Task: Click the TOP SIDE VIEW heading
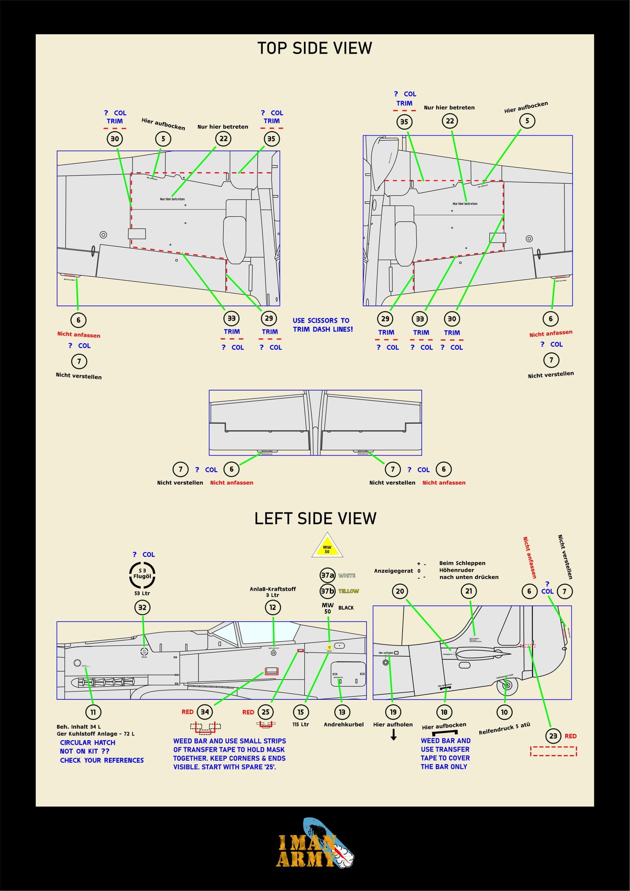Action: [315, 48]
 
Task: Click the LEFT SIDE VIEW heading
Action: [315, 518]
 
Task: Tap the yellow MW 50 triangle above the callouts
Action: [327, 547]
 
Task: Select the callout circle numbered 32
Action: [142, 607]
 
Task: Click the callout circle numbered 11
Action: [93, 712]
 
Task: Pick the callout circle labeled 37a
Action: [327, 575]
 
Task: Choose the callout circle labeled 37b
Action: [327, 591]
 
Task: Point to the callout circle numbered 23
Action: [553, 736]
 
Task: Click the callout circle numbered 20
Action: [400, 592]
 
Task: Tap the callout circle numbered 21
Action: [469, 591]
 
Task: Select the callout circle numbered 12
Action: [273, 607]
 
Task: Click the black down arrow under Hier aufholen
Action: [393, 734]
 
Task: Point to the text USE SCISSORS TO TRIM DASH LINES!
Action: [323, 325]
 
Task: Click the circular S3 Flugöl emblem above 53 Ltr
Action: [142, 575]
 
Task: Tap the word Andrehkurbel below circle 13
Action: [344, 724]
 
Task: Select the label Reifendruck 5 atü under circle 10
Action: [504, 728]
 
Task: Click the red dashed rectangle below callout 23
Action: [553, 751]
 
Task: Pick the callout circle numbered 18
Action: [444, 712]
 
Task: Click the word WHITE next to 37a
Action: [347, 576]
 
